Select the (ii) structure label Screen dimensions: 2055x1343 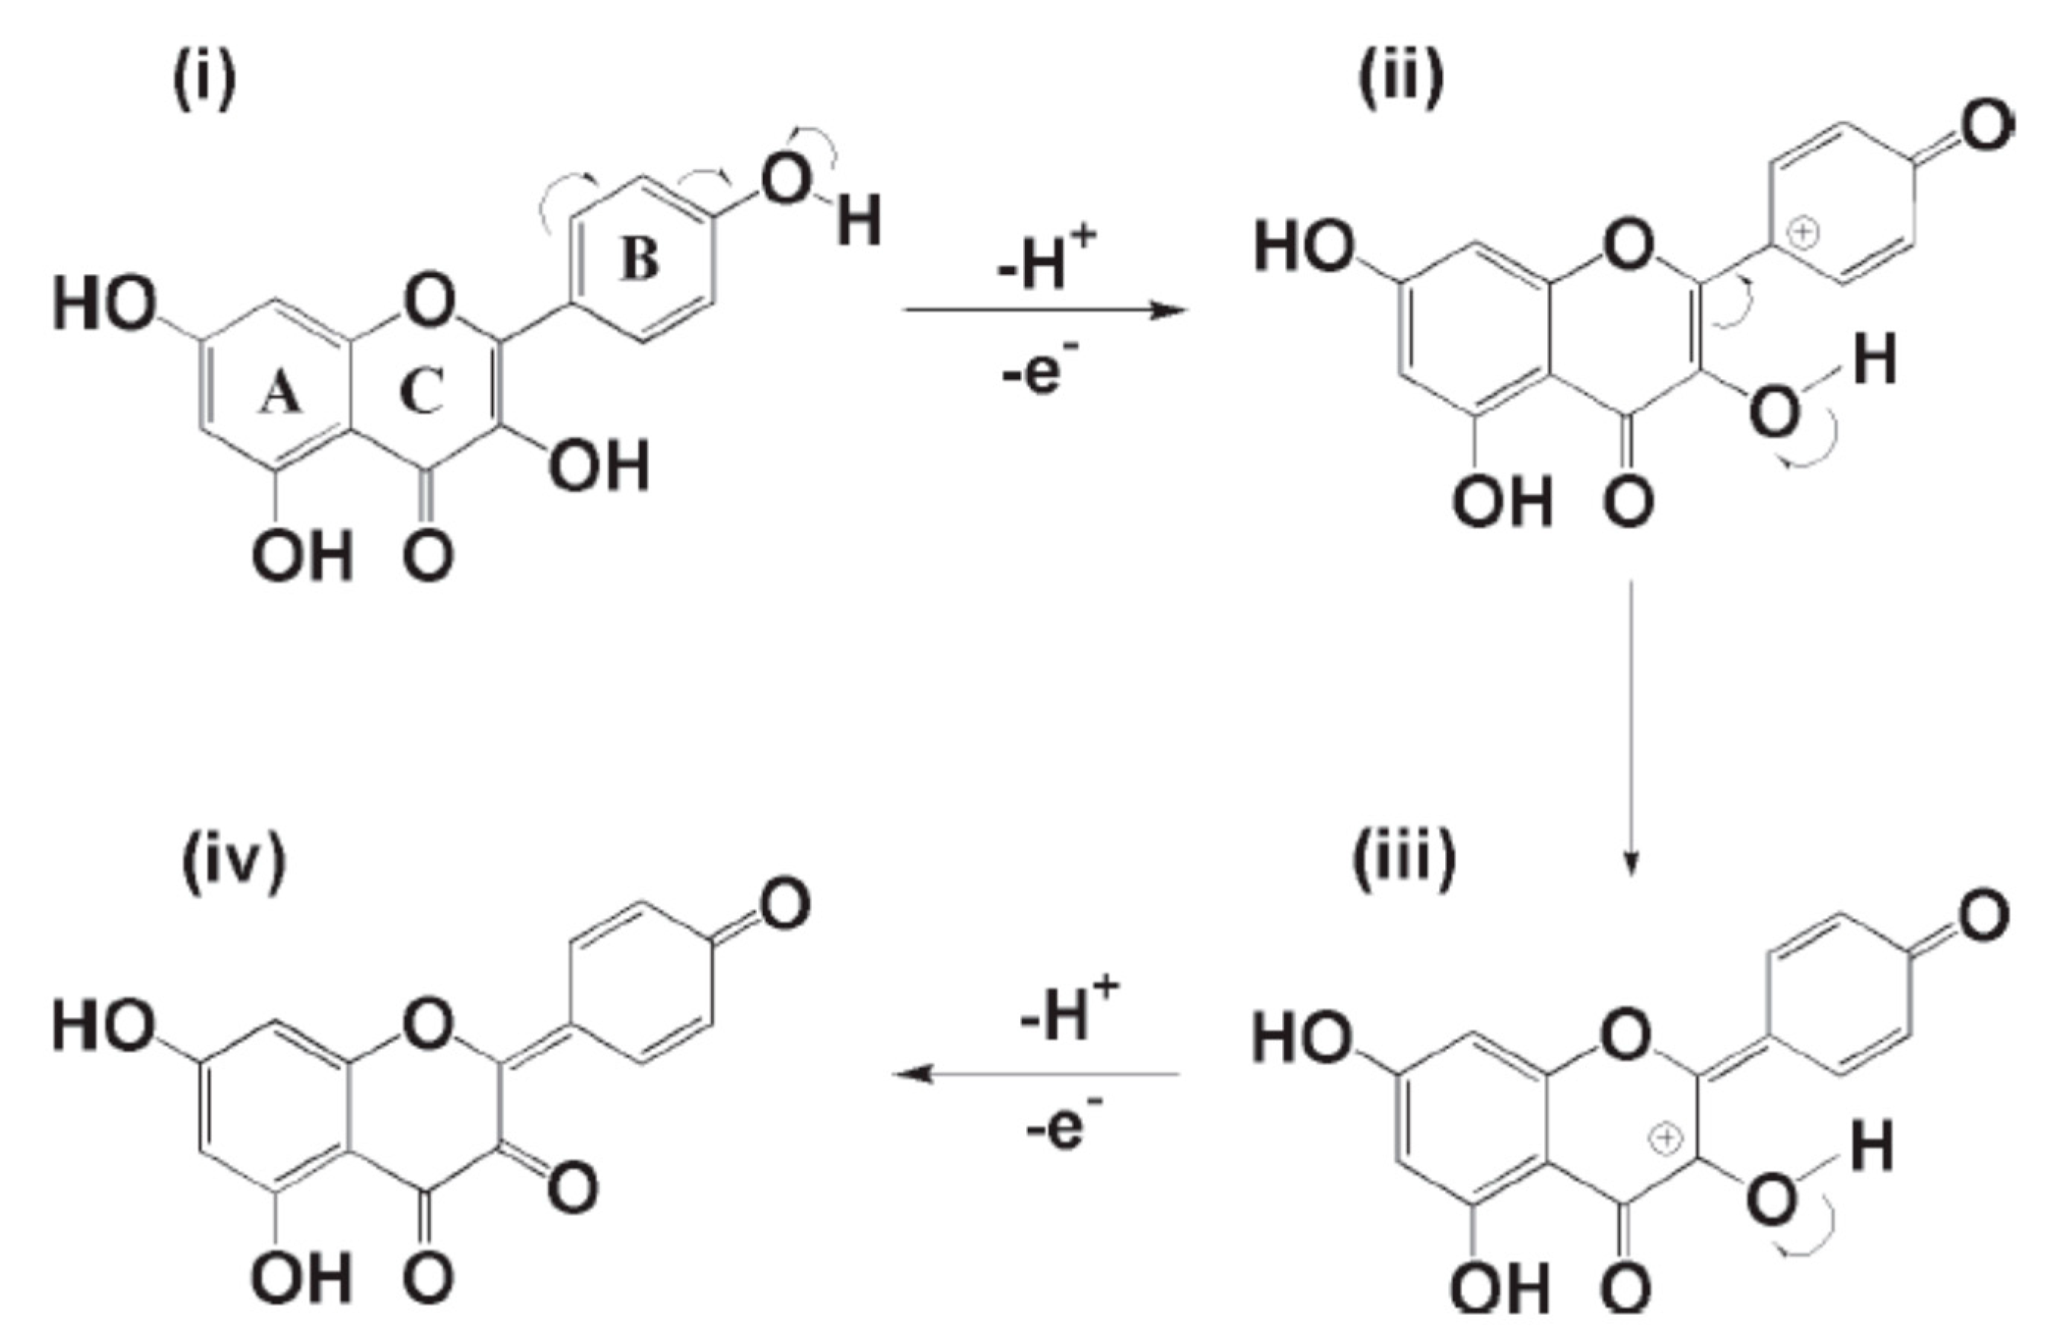click(x=1400, y=80)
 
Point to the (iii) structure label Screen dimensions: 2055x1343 click(x=1403, y=860)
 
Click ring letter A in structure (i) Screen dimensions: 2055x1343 click(x=282, y=396)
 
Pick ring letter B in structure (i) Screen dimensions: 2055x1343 click(x=640, y=259)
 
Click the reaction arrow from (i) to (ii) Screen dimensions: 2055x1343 click(x=1045, y=310)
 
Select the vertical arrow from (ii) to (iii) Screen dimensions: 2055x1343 click(x=1630, y=725)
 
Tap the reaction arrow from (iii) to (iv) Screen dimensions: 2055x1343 click(x=1036, y=1074)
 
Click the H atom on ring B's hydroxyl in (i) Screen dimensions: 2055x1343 click(x=858, y=220)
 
